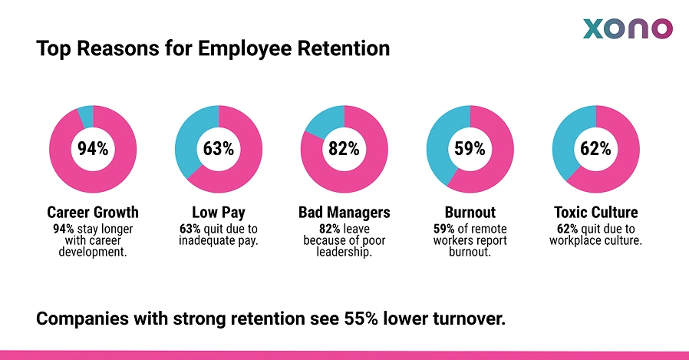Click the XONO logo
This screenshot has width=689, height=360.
[x=628, y=29]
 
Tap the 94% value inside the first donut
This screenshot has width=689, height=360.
[x=93, y=149]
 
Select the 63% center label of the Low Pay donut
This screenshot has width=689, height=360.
[x=219, y=149]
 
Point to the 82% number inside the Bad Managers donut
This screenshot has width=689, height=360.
[x=344, y=149]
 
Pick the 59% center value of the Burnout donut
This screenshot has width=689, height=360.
[x=470, y=149]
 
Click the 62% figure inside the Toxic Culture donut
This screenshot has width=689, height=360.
[x=595, y=149]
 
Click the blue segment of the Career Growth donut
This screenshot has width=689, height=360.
[x=86, y=116]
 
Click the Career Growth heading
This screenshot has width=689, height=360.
[x=93, y=213]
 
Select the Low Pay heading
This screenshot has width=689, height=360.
[x=219, y=213]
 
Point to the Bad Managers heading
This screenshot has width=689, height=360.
[x=344, y=213]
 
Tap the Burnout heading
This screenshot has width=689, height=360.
[x=470, y=213]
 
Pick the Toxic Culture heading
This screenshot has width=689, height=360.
[x=595, y=213]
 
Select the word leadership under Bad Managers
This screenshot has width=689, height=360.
[x=344, y=253]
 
